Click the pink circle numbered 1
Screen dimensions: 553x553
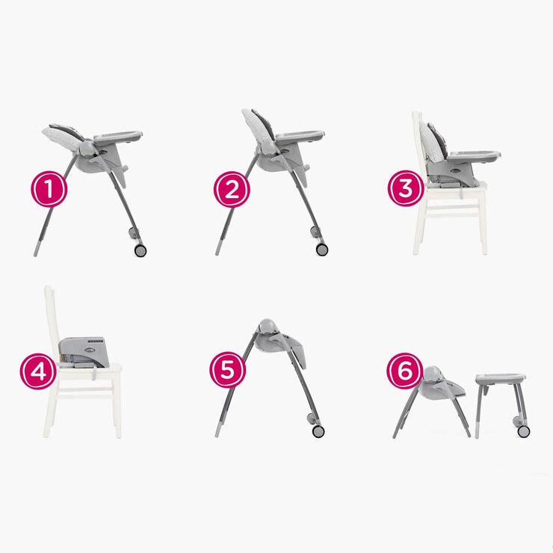(49, 190)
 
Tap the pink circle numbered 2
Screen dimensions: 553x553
(232, 190)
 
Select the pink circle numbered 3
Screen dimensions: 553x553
(406, 188)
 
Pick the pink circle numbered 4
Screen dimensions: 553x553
(38, 371)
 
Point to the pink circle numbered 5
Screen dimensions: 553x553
(227, 370)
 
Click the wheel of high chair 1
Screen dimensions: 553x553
(140, 250)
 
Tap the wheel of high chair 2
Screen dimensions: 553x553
(322, 249)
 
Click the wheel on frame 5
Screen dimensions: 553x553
(318, 431)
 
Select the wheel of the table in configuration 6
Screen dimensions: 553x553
(523, 430)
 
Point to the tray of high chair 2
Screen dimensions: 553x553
(300, 137)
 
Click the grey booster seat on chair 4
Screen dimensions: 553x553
(84, 351)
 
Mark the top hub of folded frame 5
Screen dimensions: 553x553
(265, 328)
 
